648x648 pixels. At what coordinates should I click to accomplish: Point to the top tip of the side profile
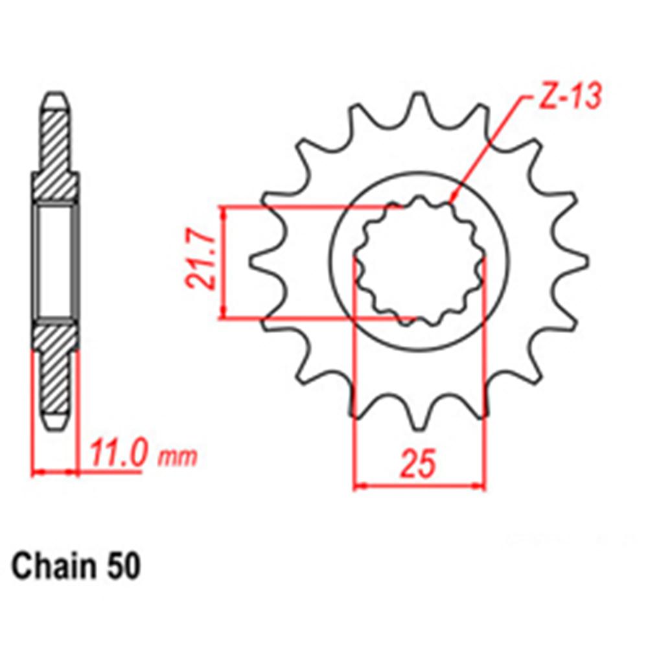(x=56, y=97)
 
